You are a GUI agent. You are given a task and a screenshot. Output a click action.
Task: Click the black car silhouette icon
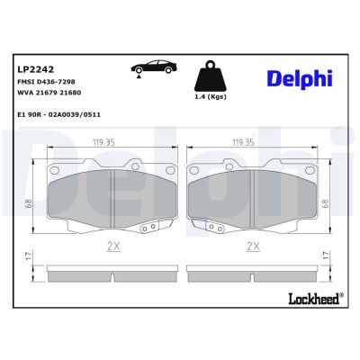click(x=154, y=70)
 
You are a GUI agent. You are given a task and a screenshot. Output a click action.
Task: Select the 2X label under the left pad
click(x=112, y=245)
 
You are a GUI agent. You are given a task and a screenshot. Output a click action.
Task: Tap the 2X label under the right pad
click(x=253, y=245)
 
